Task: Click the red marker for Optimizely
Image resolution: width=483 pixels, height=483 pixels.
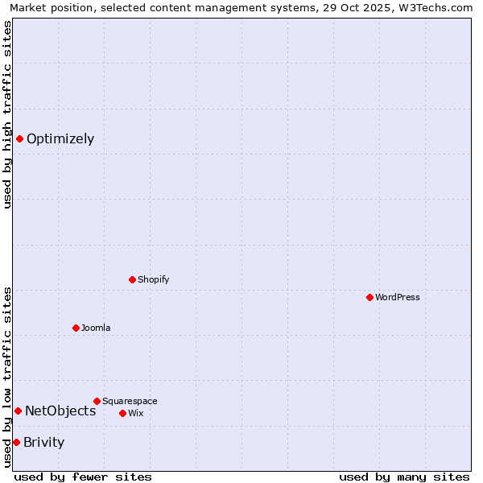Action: point(19,138)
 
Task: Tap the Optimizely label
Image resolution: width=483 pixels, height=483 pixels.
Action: point(60,139)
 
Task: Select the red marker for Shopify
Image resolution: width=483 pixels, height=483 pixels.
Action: point(132,279)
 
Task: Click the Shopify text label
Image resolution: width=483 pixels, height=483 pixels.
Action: point(153,280)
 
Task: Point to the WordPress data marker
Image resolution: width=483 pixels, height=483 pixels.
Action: point(369,297)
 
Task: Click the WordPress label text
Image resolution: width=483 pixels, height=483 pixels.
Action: point(397,298)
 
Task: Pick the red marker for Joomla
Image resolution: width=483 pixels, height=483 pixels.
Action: point(76,328)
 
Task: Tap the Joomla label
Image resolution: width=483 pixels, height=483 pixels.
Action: point(96,328)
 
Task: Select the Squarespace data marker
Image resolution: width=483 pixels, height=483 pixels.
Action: point(97,401)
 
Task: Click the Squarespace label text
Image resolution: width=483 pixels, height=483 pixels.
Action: point(130,402)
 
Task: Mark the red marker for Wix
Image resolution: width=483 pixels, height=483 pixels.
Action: point(122,413)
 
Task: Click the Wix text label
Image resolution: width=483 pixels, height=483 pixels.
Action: point(136,414)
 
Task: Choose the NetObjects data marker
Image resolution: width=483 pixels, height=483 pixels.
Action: point(18,411)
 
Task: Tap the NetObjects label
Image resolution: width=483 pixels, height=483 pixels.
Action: point(60,411)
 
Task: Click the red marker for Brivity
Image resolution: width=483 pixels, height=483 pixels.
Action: point(16,442)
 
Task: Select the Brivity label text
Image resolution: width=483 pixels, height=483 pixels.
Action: point(44,443)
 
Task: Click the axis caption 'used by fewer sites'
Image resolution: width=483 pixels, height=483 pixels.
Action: point(83,477)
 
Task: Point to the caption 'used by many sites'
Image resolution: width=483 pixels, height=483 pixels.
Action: point(404,477)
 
